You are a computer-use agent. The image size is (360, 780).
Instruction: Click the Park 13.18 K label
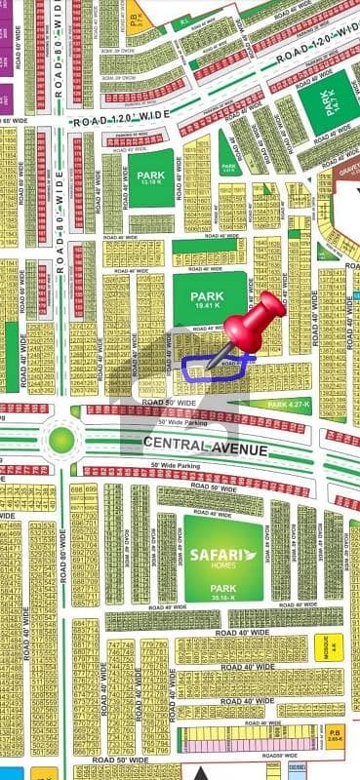pos(151,177)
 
